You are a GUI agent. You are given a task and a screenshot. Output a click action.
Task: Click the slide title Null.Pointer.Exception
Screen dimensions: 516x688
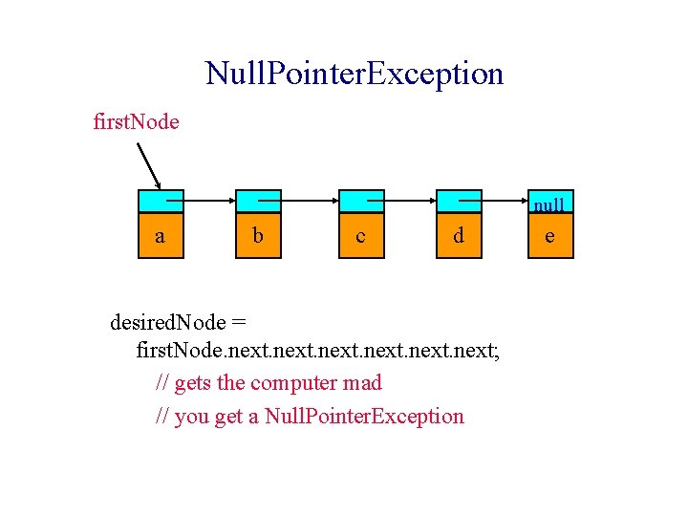[x=354, y=74]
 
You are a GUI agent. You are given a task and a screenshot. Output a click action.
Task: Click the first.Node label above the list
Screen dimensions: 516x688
[x=136, y=122]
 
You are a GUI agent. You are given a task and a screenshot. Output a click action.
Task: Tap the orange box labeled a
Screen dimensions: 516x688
[x=160, y=235]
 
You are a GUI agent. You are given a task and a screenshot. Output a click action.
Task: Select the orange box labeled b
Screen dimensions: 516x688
[x=258, y=235]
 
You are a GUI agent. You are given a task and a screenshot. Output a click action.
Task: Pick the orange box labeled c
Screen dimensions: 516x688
[x=360, y=235]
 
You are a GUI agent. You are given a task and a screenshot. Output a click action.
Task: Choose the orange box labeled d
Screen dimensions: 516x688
[x=459, y=235]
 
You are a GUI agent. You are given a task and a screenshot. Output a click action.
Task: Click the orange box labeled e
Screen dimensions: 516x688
[x=548, y=235]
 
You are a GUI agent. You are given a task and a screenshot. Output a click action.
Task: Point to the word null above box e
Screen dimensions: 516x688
[x=548, y=204]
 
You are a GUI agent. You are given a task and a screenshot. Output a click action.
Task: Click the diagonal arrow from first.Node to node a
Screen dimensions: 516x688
[x=150, y=167]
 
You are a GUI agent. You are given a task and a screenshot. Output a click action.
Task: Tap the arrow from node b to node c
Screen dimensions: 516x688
[x=308, y=202]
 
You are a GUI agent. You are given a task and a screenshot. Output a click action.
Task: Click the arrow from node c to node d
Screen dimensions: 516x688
[x=408, y=202]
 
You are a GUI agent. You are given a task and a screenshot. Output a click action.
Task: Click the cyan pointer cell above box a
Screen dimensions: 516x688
[x=160, y=202]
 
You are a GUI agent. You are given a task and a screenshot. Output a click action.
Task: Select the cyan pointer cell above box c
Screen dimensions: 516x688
[x=360, y=202]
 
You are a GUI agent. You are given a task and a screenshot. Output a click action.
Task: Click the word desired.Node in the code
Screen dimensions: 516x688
[x=168, y=321]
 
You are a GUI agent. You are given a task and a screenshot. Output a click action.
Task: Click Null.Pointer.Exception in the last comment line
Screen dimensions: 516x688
[x=364, y=417]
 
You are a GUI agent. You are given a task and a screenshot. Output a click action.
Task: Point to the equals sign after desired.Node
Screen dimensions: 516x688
[x=239, y=321]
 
